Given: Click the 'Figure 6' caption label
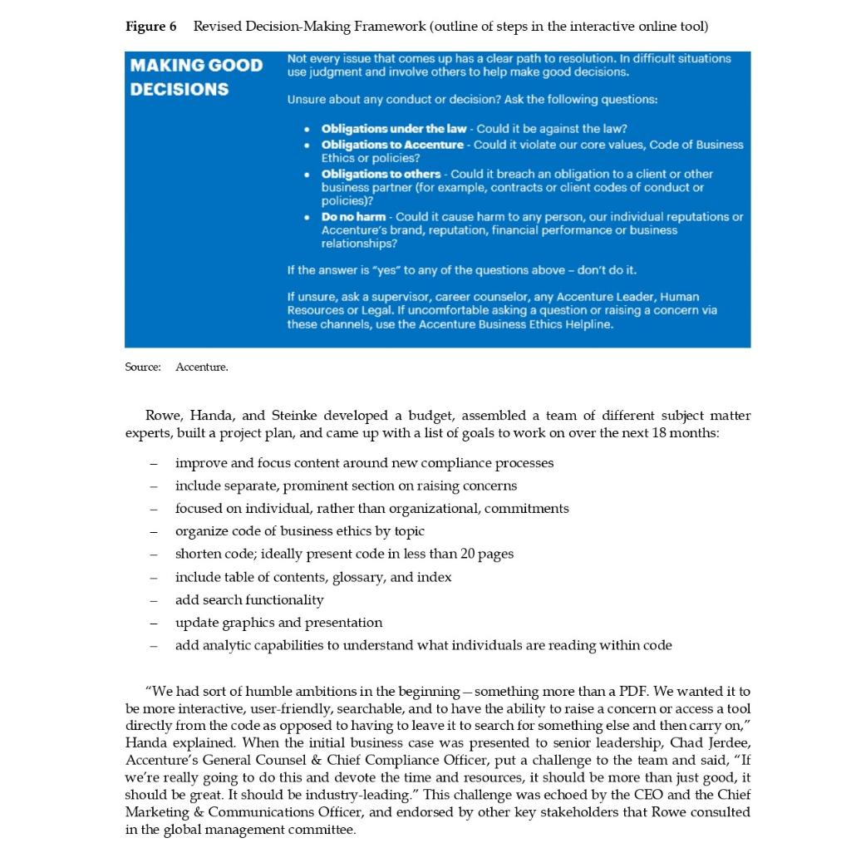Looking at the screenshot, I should coord(150,27).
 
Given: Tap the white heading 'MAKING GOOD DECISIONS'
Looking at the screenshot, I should coord(195,76).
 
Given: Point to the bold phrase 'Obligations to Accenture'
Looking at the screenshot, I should coord(392,145).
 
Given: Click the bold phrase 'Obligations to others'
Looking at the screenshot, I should coord(381,174).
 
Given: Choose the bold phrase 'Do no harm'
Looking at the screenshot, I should coord(353,217).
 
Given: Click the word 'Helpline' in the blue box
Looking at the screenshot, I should coord(587,324).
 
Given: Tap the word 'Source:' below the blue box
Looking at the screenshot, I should coord(143,367).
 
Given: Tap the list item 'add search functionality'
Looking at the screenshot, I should coord(249,599).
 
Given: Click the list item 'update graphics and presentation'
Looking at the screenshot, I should coord(278,623).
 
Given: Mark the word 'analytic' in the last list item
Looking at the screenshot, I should coord(225,645).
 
